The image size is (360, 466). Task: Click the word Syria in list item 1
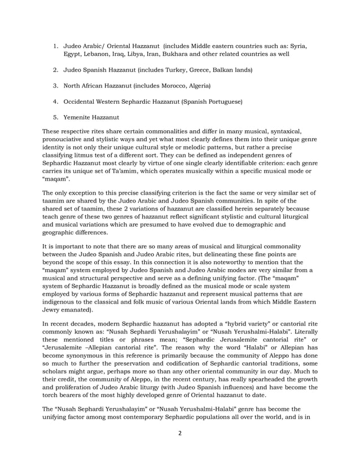pos(298,45)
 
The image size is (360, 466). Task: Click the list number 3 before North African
pos(56,86)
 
